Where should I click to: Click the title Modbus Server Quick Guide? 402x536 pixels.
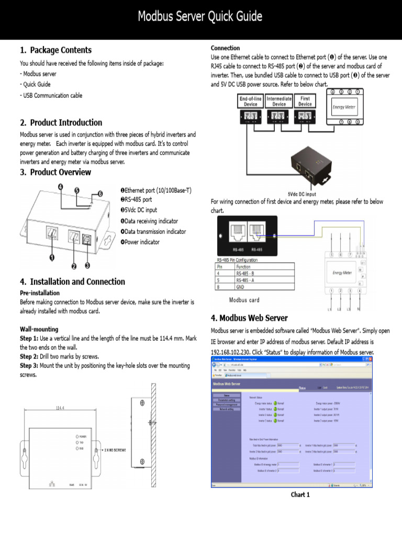200,17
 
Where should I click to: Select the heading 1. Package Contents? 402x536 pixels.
55,50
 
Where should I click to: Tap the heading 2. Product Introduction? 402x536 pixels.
61,122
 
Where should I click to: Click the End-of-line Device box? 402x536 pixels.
251,101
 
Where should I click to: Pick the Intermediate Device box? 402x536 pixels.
279,101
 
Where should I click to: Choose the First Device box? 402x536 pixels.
305,101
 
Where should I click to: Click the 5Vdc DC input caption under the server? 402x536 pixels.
302,194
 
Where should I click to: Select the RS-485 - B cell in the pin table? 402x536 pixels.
245,273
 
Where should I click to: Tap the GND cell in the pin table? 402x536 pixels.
240,286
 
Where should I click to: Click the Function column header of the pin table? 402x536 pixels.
243,266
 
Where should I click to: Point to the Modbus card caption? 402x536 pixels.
244,300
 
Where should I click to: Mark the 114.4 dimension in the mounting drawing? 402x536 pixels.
60,408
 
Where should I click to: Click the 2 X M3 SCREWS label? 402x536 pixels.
114,450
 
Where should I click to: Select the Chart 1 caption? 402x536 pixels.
300,495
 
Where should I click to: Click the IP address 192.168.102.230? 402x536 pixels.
231,352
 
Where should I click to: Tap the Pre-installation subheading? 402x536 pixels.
40,293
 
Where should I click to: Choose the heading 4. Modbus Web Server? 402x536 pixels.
249,318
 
